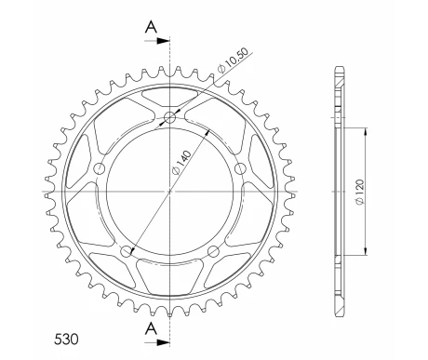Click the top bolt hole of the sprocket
tap(169, 117)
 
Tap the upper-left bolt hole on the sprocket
tap(100, 169)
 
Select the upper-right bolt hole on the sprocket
tap(240, 169)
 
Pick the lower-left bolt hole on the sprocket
tap(127, 252)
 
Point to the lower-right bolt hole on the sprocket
tap(213, 252)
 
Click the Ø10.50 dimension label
tap(233, 60)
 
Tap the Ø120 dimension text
tap(359, 192)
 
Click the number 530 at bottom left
tap(66, 340)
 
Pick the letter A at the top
tap(151, 27)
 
